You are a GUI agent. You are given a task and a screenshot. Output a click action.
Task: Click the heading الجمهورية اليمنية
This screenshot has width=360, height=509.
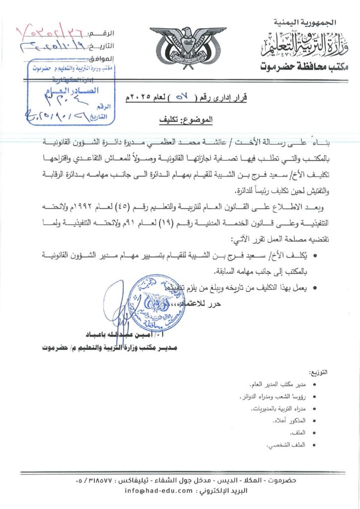[x=305, y=22]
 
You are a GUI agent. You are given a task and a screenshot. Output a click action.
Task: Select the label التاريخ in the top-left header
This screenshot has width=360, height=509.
[x=103, y=46]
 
